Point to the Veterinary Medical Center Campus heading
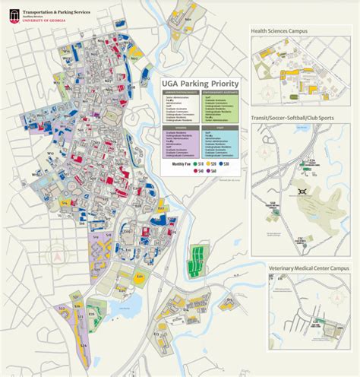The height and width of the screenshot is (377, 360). (x=308, y=268)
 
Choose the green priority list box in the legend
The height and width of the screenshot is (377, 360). (x=219, y=106)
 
